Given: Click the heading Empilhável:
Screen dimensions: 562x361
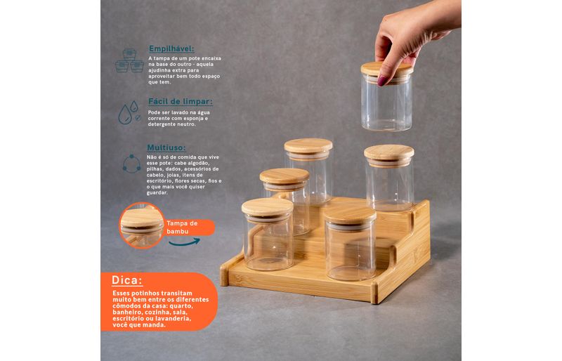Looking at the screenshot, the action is pyautogui.click(x=171, y=48).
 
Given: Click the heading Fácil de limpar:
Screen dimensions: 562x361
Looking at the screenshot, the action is pyautogui.click(x=181, y=101).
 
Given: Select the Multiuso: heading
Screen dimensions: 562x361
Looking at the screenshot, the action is pyautogui.click(x=166, y=147).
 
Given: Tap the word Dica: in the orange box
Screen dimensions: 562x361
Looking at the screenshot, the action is pyautogui.click(x=127, y=280).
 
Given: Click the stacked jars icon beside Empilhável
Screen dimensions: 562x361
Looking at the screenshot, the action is pyautogui.click(x=129, y=60).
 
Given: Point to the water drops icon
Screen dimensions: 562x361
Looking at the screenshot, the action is pyautogui.click(x=129, y=112).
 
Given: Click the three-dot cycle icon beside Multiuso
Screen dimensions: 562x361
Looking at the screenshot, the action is pyautogui.click(x=131, y=164).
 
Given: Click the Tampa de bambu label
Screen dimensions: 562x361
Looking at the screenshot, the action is pyautogui.click(x=182, y=228).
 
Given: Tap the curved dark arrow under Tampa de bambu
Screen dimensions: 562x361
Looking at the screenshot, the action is pyautogui.click(x=184, y=242).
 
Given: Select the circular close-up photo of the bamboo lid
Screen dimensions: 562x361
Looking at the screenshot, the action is pyautogui.click(x=142, y=225).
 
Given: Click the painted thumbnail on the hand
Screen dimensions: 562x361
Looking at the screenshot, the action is pyautogui.click(x=382, y=80).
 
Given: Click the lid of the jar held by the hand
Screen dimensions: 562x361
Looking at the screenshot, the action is pyautogui.click(x=387, y=70).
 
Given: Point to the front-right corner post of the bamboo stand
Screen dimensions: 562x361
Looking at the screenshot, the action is pyautogui.click(x=374, y=292).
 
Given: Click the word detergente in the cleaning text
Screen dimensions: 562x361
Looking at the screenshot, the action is pyautogui.click(x=162, y=124).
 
